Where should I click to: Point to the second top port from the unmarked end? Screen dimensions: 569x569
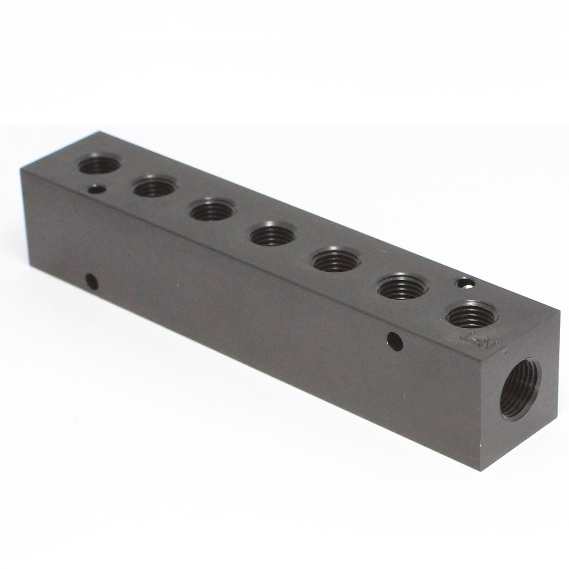pyautogui.click(x=155, y=188)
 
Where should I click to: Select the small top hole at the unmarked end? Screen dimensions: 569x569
pyautogui.click(x=96, y=191)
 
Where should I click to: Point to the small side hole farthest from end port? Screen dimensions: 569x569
pyautogui.click(x=92, y=282)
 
